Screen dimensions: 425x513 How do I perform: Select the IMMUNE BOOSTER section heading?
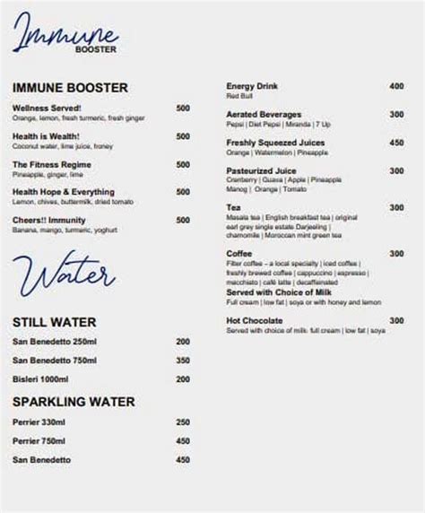click(70, 88)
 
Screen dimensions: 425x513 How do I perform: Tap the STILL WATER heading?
click(55, 322)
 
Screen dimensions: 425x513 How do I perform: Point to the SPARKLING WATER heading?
click(74, 402)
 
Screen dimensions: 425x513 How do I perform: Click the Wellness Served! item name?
click(48, 109)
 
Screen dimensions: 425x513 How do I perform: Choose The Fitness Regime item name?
click(51, 165)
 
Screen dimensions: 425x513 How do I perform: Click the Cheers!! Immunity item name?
click(49, 220)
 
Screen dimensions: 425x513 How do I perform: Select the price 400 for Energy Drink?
click(396, 86)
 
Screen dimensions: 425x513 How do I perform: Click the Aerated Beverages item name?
click(264, 115)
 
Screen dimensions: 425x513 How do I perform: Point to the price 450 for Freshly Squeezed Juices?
click(396, 143)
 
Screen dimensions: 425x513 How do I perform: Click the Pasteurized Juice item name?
click(261, 170)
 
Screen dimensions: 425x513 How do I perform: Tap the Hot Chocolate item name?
click(255, 320)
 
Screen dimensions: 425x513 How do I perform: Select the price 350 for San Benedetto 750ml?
click(183, 361)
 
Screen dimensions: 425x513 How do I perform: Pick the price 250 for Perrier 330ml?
click(183, 422)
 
